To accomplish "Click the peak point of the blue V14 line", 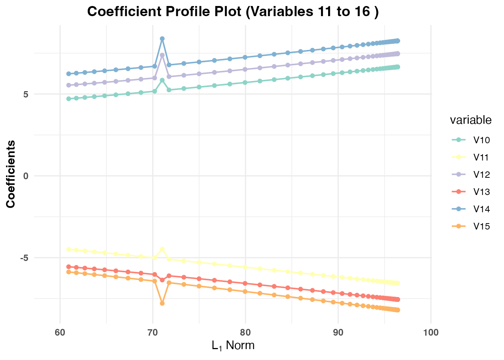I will [x=162, y=39].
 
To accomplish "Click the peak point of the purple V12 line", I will [x=162, y=55].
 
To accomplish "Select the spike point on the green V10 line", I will [x=162, y=80].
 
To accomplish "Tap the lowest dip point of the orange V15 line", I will [x=162, y=303].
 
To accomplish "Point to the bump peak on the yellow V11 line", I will [x=162, y=249].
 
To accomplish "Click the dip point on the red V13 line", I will [x=162, y=280].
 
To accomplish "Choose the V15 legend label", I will [x=481, y=226].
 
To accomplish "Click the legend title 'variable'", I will [x=471, y=120].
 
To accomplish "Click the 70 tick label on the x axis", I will [x=153, y=332].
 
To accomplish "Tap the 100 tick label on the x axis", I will [x=430, y=332].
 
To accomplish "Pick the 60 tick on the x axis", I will [x=60, y=332].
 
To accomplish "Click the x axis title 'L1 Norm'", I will [x=233, y=345].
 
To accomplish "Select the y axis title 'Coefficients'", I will [x=11, y=174].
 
